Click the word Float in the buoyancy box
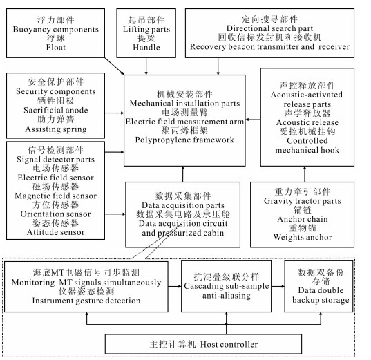[55, 48]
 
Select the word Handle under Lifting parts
[146, 48]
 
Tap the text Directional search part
[269, 28]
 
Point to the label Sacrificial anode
[55, 111]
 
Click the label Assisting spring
[55, 129]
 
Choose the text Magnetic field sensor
[55, 196]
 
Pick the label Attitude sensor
[55, 232]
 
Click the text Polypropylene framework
[184, 140]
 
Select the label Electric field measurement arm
[184, 122]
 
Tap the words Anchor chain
[303, 219]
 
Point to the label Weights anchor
[303, 237]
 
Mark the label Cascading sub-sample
[227, 286]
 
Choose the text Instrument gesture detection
[86, 301]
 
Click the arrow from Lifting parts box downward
[146, 66]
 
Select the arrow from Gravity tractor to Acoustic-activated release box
[305, 174]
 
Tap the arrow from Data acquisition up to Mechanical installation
[182, 174]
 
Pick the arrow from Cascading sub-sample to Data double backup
[278, 286]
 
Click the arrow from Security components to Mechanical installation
[114, 113]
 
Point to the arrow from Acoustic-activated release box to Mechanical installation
[253, 120]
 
